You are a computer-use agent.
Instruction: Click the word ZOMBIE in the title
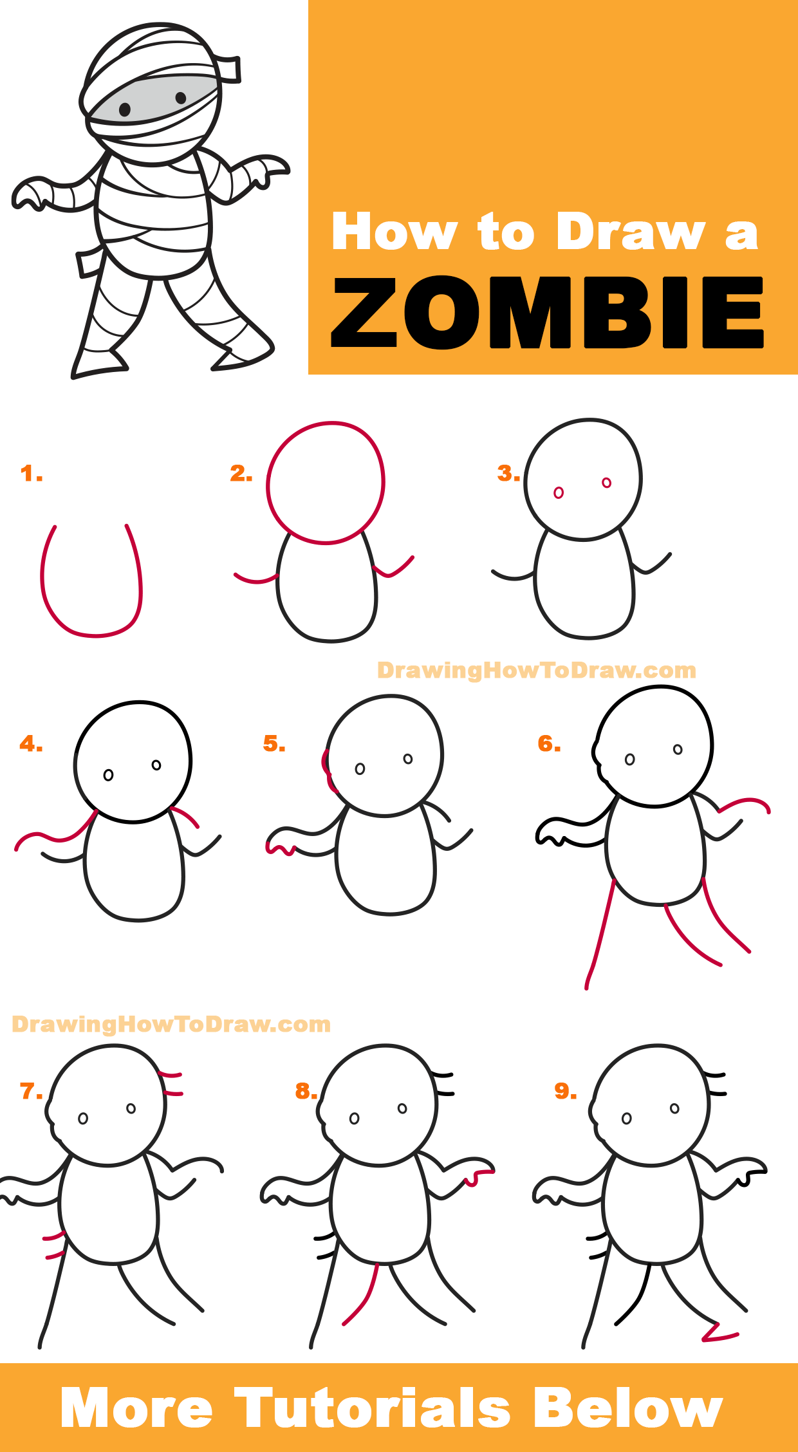pyautogui.click(x=547, y=313)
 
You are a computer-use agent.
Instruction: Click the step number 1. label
pyautogui.click(x=31, y=474)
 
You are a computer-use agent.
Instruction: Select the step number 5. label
pyautogui.click(x=274, y=744)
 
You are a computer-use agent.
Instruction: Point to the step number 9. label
pyautogui.click(x=566, y=1091)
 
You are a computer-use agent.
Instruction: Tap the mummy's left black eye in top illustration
pyautogui.click(x=125, y=109)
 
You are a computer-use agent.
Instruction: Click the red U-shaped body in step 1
pyautogui.click(x=90, y=635)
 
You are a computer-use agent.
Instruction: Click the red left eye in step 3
pyautogui.click(x=559, y=492)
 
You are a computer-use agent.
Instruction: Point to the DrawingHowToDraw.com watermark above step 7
pyautogui.click(x=171, y=1024)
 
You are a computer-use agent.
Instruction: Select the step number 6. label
pyautogui.click(x=549, y=744)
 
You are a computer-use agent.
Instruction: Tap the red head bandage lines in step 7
pyautogui.click(x=171, y=1084)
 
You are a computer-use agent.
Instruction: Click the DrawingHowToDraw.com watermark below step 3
pyautogui.click(x=536, y=671)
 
